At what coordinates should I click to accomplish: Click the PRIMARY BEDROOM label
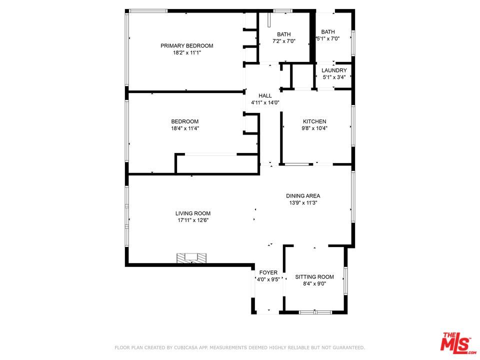pos(186,46)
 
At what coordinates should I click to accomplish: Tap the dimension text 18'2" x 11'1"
pos(186,53)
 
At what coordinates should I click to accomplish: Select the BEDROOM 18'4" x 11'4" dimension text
pos(184,128)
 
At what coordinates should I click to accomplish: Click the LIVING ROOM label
pos(192,213)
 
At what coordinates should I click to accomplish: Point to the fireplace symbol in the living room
pos(191,258)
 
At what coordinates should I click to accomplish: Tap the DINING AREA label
pos(303,196)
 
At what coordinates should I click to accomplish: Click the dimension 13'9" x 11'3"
pos(303,203)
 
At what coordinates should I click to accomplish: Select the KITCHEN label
pos(314,121)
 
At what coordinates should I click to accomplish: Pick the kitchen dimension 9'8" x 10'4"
pos(314,128)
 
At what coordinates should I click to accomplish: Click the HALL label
pos(265,95)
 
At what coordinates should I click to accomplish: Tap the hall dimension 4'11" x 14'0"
pos(265,102)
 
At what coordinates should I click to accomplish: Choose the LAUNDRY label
pos(334,70)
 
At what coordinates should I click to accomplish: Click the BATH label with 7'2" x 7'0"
pos(284,34)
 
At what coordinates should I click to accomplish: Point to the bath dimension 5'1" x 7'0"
pos(328,39)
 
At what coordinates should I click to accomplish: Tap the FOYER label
pos(268,272)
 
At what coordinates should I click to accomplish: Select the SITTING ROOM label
pos(314,277)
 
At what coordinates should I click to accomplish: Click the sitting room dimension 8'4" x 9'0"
pos(314,284)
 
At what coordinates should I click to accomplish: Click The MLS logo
pos(456,342)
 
